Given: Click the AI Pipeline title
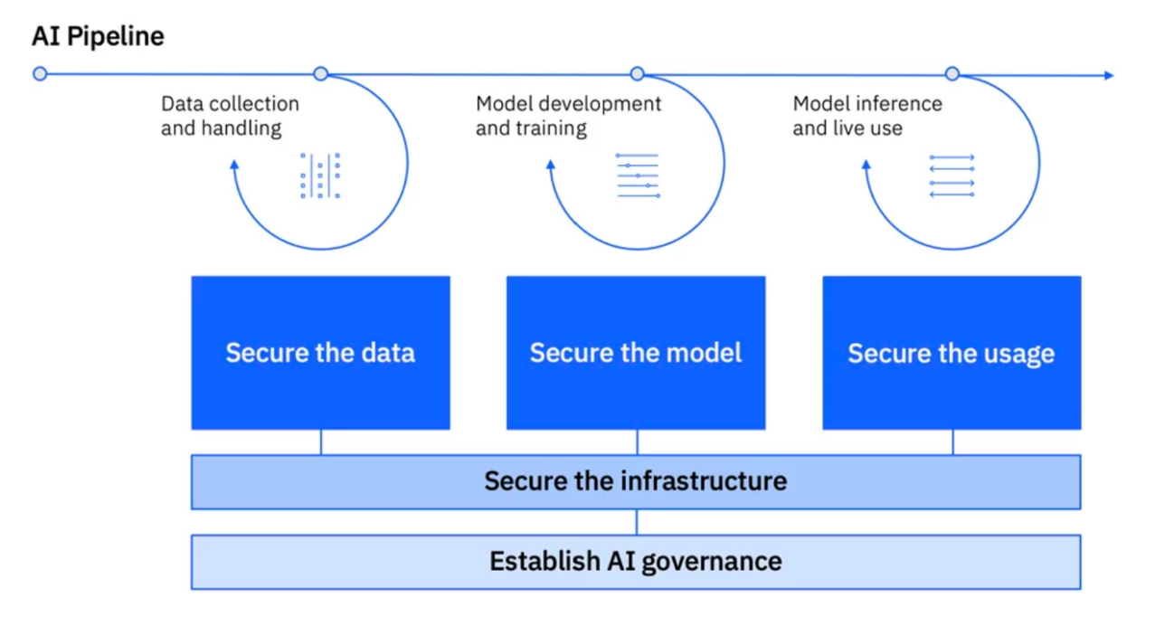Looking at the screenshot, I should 98,37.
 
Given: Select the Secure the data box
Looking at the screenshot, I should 320,353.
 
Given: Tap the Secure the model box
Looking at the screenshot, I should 636,353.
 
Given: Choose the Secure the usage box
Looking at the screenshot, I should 952,353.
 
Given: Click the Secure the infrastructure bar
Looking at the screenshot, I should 636,481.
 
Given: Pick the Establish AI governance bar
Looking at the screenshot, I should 636,562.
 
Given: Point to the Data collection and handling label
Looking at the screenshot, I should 230,117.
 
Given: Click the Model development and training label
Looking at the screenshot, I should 568,117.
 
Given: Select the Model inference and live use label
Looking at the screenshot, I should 866,117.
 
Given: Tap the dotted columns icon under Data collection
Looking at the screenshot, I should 320,176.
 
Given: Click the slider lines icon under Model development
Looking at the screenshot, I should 638,176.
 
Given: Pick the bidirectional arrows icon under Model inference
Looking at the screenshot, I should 952,176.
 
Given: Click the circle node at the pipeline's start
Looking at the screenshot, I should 40,74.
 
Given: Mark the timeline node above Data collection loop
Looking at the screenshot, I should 320,74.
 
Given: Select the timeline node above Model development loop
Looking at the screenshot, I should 638,74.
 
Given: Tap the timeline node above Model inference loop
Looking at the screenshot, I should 952,74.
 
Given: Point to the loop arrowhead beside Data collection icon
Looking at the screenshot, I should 234,165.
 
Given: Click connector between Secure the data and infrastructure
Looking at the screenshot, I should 321,442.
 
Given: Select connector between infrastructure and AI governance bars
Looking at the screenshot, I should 637,522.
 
